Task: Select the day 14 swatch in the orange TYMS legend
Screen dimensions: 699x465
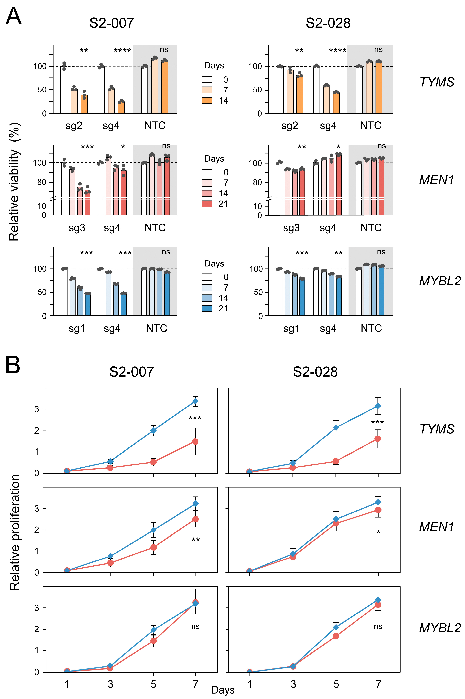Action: [207, 101]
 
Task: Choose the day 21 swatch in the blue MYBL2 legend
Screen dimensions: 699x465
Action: [207, 309]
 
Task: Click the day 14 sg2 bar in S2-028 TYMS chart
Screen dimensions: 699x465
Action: [300, 94]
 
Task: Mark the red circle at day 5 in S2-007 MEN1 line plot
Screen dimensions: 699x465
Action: [153, 547]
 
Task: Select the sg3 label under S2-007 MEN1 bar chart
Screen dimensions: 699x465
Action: [77, 228]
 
